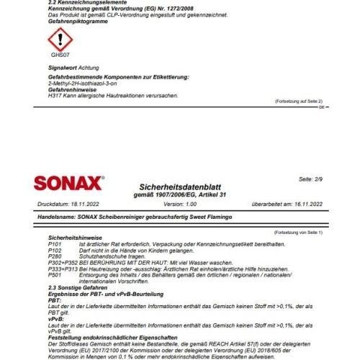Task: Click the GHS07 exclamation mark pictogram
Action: click(x=60, y=38)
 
